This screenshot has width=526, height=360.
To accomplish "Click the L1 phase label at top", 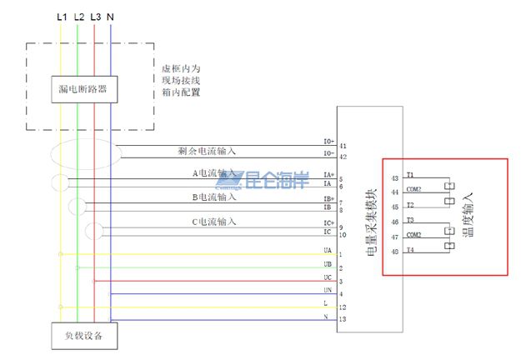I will coord(60,17).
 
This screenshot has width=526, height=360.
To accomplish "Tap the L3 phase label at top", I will coord(95,17).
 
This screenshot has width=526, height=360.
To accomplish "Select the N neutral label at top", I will coord(112,17).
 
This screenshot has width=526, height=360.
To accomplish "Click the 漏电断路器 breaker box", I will coord(83,88).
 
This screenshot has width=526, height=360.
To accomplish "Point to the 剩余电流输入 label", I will coord(207,151).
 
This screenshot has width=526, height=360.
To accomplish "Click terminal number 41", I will coord(343,145).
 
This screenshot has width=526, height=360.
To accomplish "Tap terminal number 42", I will coord(343,157).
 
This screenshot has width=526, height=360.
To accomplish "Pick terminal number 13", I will coord(343,319).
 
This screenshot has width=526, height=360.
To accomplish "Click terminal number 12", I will coord(343,307).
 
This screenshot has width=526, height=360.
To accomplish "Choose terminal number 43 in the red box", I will coord(394,177).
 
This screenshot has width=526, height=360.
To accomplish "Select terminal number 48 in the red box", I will coord(394,250).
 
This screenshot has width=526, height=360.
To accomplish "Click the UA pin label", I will coord(328,250).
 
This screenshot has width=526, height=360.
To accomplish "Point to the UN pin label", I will coord(328,289).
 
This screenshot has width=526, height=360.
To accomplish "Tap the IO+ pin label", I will coord(328,142).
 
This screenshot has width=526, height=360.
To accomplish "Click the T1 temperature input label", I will coord(410,175).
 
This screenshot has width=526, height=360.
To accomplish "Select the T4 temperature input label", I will coord(410,248).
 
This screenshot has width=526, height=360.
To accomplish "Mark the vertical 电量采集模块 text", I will coord(372,220).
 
